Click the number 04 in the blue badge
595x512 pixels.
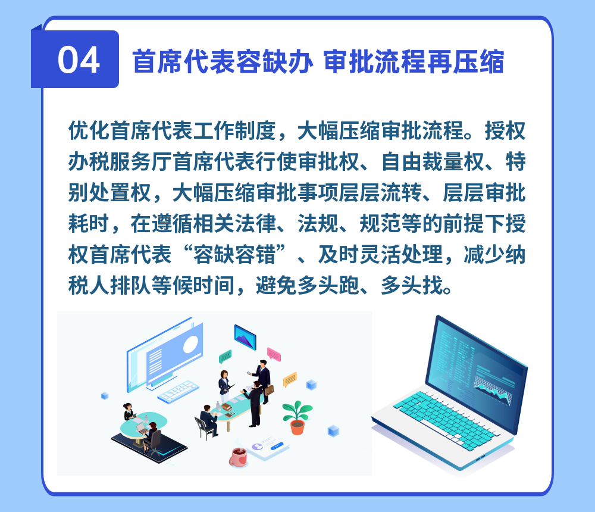click(x=79, y=60)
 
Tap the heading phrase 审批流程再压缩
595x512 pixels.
click(x=414, y=61)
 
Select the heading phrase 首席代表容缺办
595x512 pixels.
click(x=223, y=61)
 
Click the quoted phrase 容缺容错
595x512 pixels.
click(x=234, y=254)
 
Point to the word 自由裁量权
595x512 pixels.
click(x=433, y=161)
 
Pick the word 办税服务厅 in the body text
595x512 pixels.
click(x=120, y=161)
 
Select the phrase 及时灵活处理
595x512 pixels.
click(x=381, y=254)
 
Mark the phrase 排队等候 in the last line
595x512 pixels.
click(x=151, y=285)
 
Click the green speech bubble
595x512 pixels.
click(x=225, y=357)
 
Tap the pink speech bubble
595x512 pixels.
click(x=274, y=354)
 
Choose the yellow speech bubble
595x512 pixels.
click(x=290, y=379)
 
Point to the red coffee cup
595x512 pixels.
click(x=238, y=457)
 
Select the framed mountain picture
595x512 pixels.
click(x=245, y=336)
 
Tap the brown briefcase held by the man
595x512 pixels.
click(x=269, y=390)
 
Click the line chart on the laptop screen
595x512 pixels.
click(x=493, y=391)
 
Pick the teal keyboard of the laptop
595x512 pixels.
click(x=444, y=420)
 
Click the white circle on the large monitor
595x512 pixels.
click(x=190, y=345)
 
